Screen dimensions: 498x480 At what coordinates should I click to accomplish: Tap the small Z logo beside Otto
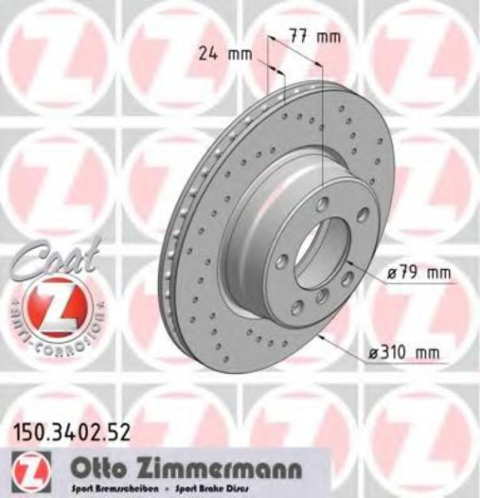pos(27,471)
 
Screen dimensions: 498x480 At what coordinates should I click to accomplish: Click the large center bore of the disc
pos(324,253)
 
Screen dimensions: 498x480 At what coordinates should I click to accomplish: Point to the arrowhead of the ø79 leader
pos(350,262)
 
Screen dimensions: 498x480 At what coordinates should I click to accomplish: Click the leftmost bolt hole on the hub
pos(281,261)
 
